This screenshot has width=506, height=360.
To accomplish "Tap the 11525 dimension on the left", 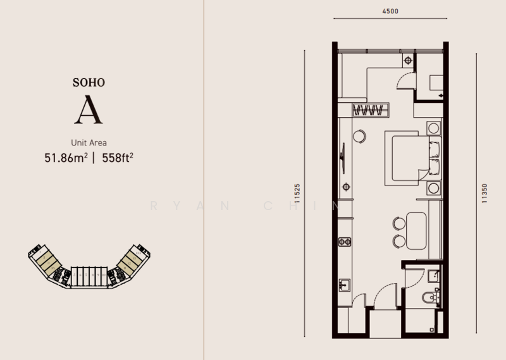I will pos(297,192).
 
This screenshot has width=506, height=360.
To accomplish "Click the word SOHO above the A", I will pos(88,82).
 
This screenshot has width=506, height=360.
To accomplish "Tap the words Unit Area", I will pos(88,142).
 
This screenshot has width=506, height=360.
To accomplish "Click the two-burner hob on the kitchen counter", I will pos(345,241).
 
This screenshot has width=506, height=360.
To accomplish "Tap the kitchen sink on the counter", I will pos(345,283).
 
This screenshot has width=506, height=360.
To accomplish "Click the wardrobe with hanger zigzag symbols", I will pos(369,110).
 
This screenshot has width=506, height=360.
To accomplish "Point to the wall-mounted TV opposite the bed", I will pos(343,155).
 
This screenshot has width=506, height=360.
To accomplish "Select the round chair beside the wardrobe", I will pos(361,135).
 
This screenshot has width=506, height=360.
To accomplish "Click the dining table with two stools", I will pos(417,231).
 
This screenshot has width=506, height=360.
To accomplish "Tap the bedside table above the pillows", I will pos(433,127).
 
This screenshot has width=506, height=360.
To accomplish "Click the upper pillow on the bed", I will pos(433,149).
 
